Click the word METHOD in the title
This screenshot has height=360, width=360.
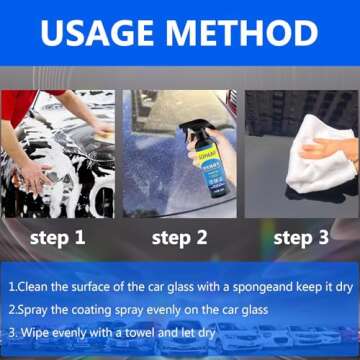[x=249, y=34]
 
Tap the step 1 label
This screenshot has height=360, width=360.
[x=57, y=238]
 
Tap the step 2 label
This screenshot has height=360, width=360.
[x=181, y=238]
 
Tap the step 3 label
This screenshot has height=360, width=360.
[x=302, y=238]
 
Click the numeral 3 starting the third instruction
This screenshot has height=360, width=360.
[x=11, y=332]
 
